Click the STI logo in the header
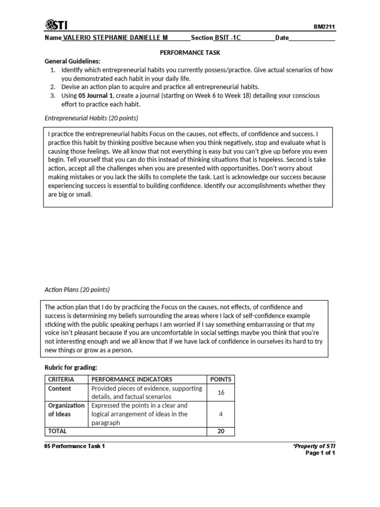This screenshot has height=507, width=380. (x=57, y=25)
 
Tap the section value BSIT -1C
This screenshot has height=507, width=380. (x=228, y=38)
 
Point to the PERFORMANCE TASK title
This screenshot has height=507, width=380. (x=190, y=52)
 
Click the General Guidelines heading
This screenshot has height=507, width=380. (x=72, y=61)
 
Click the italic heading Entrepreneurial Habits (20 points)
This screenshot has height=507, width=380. (x=92, y=118)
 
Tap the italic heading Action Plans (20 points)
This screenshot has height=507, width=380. (x=77, y=290)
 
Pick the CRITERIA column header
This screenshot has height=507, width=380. (x=61, y=379)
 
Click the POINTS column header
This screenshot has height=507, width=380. (x=221, y=379)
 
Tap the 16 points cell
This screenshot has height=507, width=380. (x=221, y=393)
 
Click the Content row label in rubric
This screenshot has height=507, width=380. (x=59, y=389)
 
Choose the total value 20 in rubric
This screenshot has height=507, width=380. (x=221, y=431)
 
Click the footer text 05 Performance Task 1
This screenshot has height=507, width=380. (x=75, y=446)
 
